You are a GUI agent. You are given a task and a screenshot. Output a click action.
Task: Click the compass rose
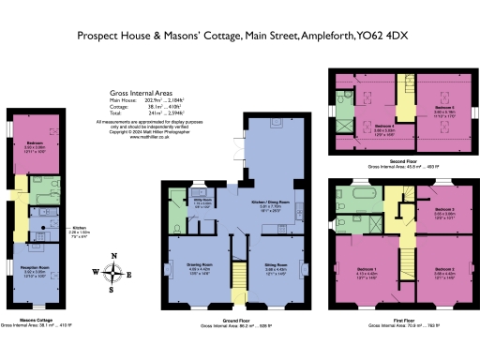point(113,274)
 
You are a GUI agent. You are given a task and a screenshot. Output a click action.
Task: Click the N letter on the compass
point(113,256)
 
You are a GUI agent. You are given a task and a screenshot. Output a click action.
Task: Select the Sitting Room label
point(276,268)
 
